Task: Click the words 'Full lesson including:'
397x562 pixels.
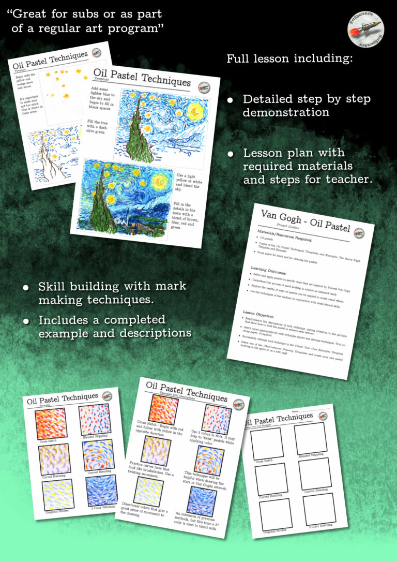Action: [x=289, y=58]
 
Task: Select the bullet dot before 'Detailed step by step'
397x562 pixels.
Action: [x=231, y=99]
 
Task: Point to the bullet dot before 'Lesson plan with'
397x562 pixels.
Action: [x=231, y=154]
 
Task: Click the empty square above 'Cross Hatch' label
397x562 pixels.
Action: [x=267, y=443]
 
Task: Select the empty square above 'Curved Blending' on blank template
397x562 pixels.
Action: [x=315, y=474]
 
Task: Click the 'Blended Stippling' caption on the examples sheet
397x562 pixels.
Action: [x=94, y=438]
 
